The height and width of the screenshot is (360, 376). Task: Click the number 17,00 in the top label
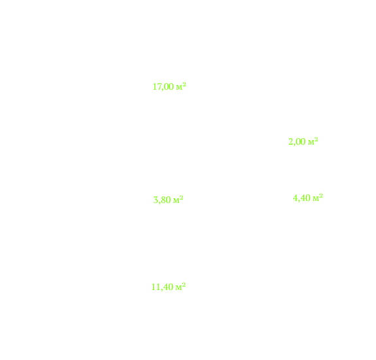tap(163, 86)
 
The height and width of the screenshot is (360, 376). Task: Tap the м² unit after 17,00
tap(181, 86)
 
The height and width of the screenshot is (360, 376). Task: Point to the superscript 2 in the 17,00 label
tap(184, 84)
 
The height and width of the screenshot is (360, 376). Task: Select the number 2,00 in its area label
tap(297, 141)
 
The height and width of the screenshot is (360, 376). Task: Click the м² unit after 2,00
tap(313, 141)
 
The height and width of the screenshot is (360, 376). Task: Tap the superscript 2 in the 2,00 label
tap(316, 139)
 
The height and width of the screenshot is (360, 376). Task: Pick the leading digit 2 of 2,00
tap(290, 141)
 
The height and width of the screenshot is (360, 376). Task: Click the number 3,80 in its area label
tap(162, 200)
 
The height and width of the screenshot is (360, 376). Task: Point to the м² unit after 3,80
tap(178, 199)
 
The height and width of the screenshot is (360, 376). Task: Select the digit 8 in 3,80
tap(163, 200)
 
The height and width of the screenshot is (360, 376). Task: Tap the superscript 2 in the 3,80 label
tap(181, 198)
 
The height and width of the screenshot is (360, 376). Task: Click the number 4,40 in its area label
tap(301, 198)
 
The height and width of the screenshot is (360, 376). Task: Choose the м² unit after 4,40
tap(318, 197)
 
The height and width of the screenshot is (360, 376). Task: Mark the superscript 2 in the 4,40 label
tap(321, 196)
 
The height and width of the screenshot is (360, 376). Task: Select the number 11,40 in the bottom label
tap(162, 287)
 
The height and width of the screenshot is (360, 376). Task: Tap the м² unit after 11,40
tap(180, 286)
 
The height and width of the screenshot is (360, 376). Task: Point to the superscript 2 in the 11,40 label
tap(184, 285)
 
